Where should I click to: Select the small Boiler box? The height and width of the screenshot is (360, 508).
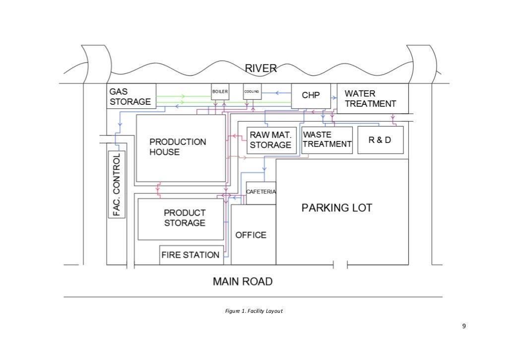click(x=220, y=92)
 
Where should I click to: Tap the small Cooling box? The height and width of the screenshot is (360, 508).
click(x=251, y=92)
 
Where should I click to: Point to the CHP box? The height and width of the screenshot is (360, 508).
click(x=311, y=96)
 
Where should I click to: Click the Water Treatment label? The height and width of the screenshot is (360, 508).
click(x=371, y=99)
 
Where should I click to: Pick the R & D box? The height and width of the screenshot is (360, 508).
click(x=380, y=140)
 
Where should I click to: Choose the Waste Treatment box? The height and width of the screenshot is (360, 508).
click(x=327, y=140)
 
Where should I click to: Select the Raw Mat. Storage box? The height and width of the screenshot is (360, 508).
click(x=270, y=140)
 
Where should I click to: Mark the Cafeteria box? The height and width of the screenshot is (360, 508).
click(x=261, y=193)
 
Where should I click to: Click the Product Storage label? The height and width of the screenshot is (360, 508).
click(x=185, y=217)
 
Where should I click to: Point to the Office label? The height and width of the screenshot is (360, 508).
click(x=251, y=235)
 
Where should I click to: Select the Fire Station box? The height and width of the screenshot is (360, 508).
click(x=190, y=255)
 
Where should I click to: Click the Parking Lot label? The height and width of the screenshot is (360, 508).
click(x=337, y=208)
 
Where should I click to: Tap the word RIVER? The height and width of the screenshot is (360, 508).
click(x=261, y=69)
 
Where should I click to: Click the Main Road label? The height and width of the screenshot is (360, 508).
click(x=243, y=282)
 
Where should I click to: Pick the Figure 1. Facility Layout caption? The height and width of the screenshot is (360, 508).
click(x=254, y=311)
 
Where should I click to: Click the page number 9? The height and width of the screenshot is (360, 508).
click(x=464, y=326)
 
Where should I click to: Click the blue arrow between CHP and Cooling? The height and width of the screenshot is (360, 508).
click(x=277, y=92)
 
